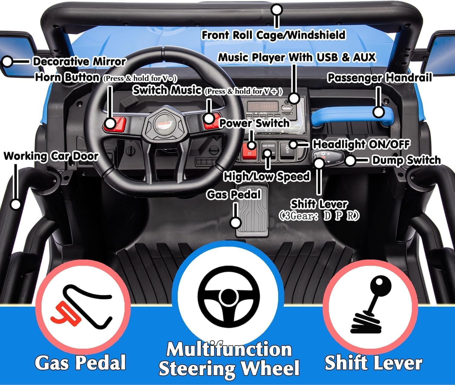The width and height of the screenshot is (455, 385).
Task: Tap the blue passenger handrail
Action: [352, 116]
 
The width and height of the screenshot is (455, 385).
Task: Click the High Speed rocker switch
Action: [268, 150]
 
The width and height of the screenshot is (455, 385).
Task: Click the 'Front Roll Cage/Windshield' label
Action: [273, 35]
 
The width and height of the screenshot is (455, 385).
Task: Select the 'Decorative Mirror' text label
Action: [79, 62]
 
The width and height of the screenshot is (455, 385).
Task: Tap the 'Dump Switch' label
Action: [406, 160]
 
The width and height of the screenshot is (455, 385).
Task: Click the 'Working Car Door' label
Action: [51, 156]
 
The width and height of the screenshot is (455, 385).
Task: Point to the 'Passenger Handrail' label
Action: [379, 78]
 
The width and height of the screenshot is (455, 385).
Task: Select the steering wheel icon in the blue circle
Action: [228, 297]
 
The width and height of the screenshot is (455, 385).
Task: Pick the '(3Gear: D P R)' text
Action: [319, 216]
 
